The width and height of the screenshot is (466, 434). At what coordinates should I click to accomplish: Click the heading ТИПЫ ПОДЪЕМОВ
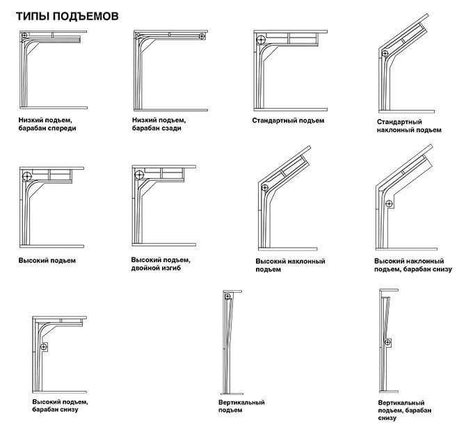(67, 16)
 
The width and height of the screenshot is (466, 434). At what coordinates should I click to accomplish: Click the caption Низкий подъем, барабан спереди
(47, 124)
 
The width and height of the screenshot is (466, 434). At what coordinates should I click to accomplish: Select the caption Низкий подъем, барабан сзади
(159, 124)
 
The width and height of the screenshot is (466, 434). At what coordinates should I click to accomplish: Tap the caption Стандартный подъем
(288, 121)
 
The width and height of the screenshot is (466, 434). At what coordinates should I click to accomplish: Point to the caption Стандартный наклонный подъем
(409, 126)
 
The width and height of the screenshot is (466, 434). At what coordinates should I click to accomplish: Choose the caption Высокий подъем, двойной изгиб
(161, 264)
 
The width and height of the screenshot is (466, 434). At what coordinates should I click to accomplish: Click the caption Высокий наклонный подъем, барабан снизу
(413, 265)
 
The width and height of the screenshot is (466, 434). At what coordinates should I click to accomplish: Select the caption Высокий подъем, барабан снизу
(60, 405)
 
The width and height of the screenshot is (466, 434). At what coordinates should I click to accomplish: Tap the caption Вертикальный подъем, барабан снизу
(405, 410)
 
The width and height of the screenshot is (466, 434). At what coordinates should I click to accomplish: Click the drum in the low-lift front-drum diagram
(24, 35)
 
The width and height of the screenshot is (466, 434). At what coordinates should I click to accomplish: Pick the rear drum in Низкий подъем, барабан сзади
(202, 36)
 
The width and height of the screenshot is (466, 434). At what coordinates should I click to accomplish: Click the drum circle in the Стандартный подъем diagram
(261, 40)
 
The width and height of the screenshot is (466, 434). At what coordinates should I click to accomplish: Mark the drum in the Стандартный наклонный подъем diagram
(385, 54)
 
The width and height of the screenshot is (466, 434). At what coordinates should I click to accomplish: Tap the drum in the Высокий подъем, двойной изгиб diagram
(139, 175)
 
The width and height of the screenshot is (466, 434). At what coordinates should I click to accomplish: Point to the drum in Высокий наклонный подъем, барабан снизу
(389, 204)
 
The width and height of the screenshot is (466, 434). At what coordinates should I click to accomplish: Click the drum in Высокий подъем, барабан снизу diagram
(44, 346)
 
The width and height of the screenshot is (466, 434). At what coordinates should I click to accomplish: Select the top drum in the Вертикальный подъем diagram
(227, 296)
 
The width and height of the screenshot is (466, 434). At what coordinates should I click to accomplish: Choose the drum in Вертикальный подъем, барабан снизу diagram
(387, 342)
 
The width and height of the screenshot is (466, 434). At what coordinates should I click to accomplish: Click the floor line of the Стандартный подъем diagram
(291, 110)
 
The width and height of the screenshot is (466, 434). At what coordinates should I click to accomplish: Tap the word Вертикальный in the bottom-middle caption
(241, 403)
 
